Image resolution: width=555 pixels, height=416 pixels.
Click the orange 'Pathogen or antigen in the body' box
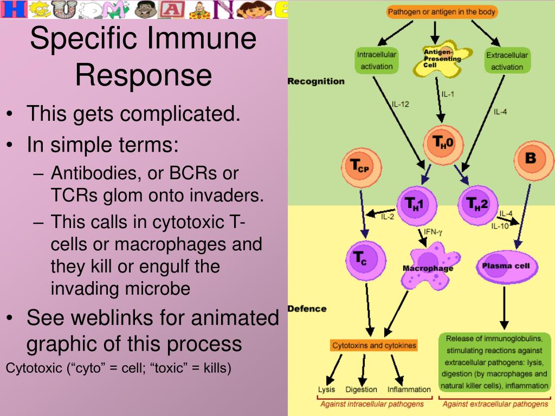(441, 12)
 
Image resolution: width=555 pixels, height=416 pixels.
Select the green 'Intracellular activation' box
(377, 61)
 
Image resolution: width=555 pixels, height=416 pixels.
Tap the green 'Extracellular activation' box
(507, 61)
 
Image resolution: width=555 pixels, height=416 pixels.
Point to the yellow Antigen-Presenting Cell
(442, 58)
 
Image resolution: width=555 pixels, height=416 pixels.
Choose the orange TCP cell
(362, 167)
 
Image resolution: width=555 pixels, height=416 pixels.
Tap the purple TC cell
(366, 261)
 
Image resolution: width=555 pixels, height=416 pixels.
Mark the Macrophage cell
(430, 266)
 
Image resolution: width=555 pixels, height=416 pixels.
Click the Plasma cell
(507, 266)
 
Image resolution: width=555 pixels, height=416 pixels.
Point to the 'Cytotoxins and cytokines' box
(374, 345)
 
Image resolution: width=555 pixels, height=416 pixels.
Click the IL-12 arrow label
(401, 105)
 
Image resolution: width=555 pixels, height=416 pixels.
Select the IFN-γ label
(433, 232)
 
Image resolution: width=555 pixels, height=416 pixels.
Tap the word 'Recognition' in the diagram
(316, 81)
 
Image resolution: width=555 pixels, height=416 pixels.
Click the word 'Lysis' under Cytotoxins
(326, 389)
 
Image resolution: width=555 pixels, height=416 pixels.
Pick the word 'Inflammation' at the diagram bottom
(409, 389)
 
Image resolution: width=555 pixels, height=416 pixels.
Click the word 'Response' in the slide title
(144, 75)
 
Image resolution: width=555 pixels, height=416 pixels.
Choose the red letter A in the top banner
(171, 10)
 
